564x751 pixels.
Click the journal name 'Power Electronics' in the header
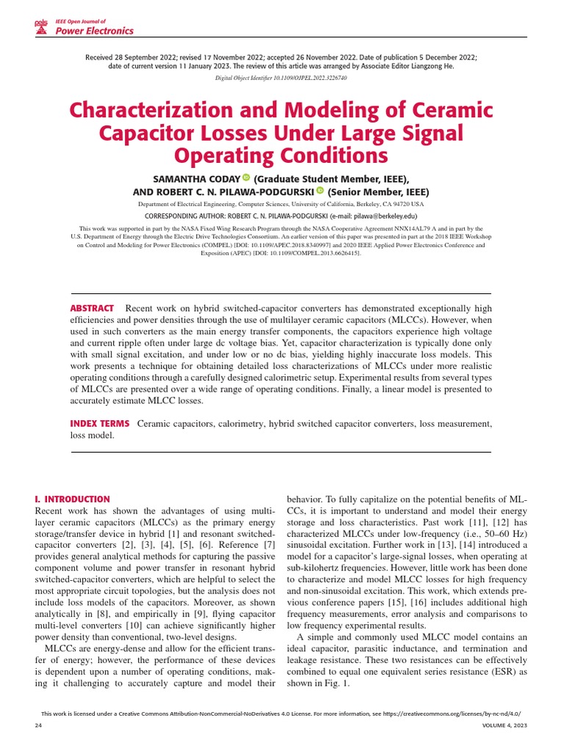click(x=95, y=31)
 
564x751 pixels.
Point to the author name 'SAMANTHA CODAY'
click(x=196, y=178)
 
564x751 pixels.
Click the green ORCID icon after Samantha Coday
click(x=246, y=178)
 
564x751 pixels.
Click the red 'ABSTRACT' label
click(x=92, y=309)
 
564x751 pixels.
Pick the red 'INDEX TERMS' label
click(x=99, y=424)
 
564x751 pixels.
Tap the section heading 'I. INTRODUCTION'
click(x=73, y=499)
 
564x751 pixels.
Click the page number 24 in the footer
click(x=39, y=725)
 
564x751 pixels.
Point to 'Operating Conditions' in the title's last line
click(x=281, y=156)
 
